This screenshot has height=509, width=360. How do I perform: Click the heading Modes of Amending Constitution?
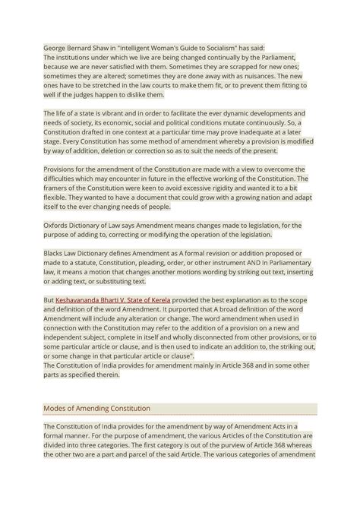pyautogui.click(x=96, y=408)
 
